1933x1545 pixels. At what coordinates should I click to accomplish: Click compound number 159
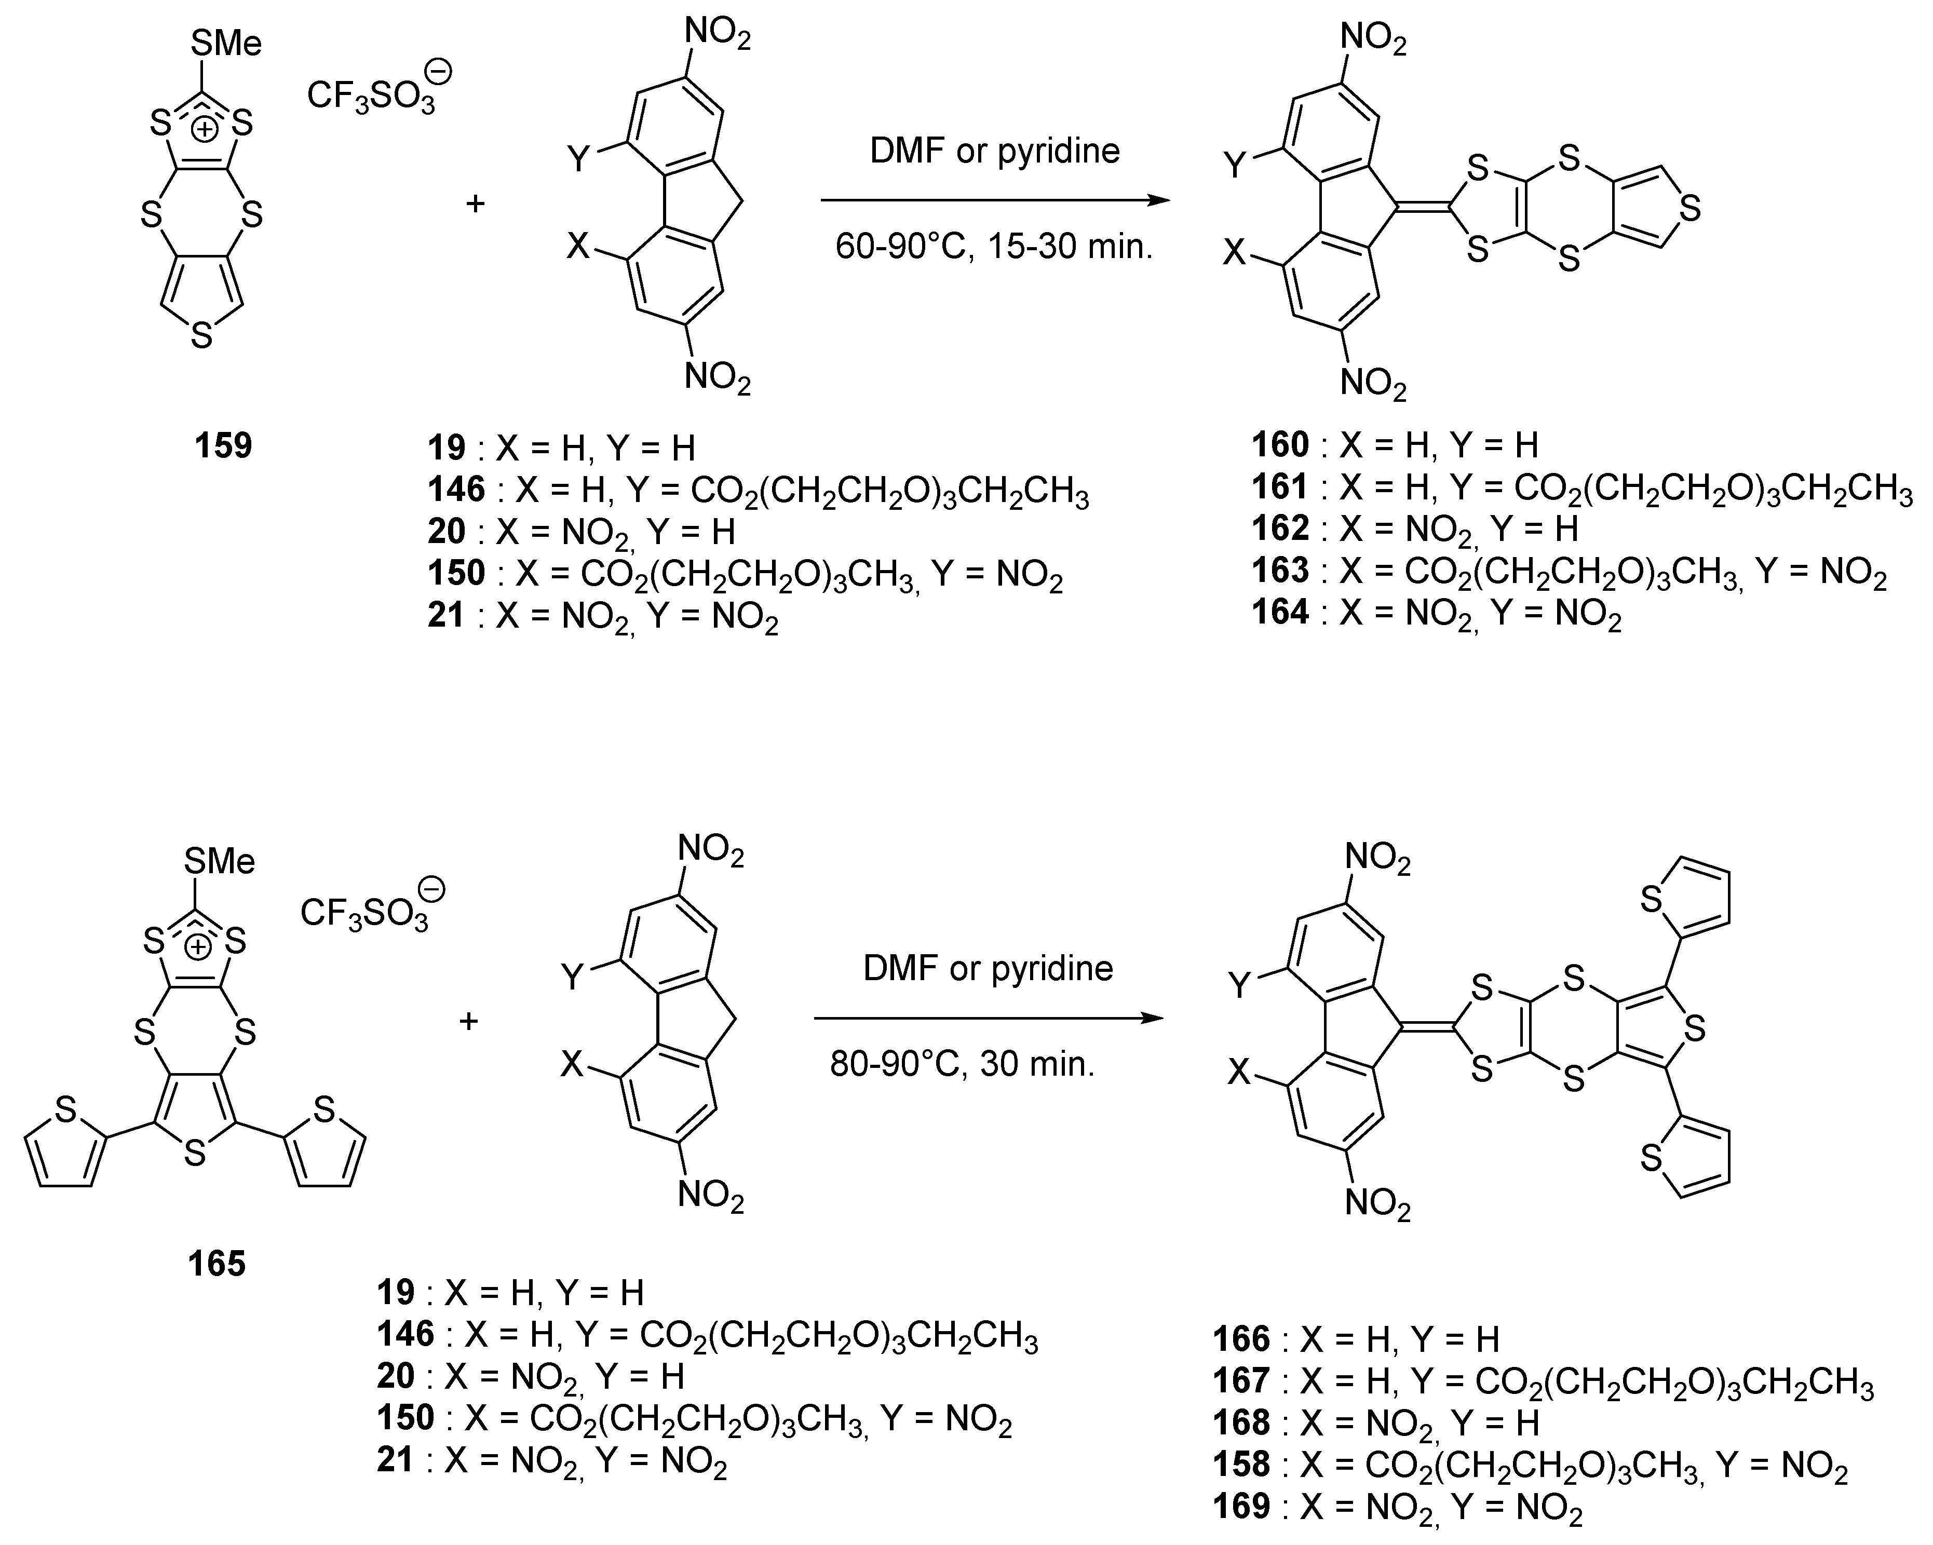click(223, 445)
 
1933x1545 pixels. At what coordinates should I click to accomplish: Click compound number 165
click(216, 1264)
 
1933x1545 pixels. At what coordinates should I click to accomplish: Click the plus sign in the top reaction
click(475, 204)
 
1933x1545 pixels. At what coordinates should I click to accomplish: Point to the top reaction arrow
click(995, 200)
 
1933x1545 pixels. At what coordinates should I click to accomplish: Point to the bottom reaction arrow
click(988, 1019)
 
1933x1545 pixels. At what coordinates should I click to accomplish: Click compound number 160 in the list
click(1280, 444)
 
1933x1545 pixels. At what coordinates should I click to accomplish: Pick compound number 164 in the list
click(1280, 613)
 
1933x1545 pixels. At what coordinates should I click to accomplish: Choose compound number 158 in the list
click(1241, 1465)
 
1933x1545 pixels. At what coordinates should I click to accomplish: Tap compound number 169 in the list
click(1241, 1507)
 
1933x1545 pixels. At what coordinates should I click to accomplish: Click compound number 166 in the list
click(1241, 1339)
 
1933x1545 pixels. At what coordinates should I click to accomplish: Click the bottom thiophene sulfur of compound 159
click(202, 337)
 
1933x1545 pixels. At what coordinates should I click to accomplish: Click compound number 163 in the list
click(1280, 571)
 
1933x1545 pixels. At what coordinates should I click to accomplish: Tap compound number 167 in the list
click(1241, 1381)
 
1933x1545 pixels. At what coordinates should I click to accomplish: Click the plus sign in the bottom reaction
click(468, 1021)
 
